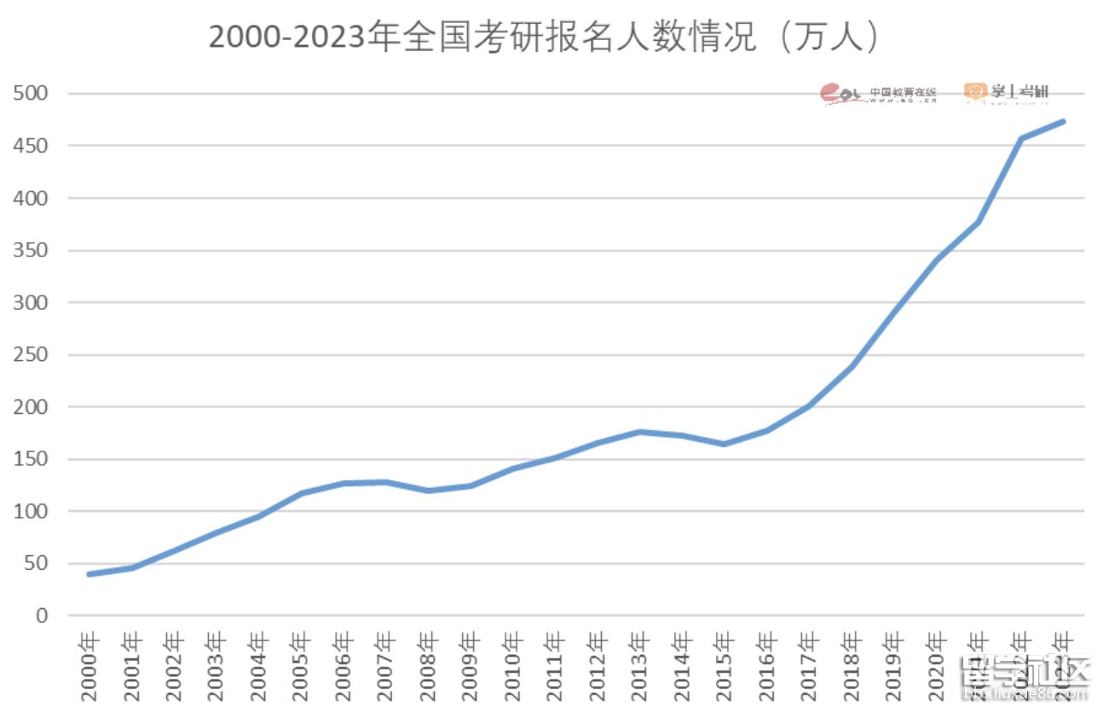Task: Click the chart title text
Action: (544, 38)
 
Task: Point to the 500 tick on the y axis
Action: (30, 93)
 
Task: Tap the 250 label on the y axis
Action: (30, 354)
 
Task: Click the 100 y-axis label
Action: (30, 511)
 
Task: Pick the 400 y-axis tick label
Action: (30, 198)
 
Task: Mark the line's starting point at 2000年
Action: (90, 574)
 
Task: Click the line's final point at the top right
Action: (1063, 122)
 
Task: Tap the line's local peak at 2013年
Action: (640, 432)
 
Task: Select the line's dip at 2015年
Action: (725, 444)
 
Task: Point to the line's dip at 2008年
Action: (429, 491)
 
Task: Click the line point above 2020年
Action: (936, 260)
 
